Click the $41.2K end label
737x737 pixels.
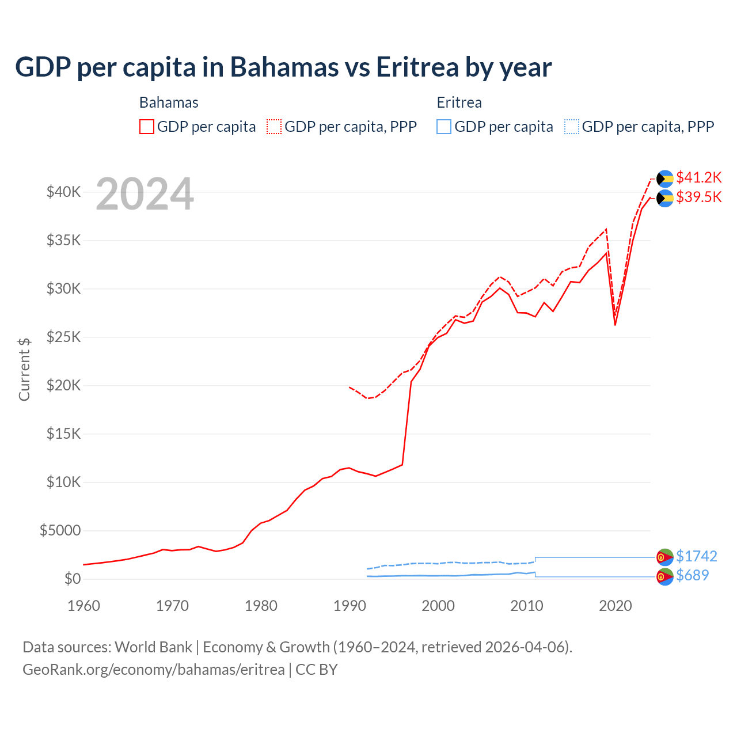[698, 177]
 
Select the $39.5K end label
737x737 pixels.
[698, 197]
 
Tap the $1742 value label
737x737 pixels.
[696, 556]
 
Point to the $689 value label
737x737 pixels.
[692, 575]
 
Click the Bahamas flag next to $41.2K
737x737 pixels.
[665, 178]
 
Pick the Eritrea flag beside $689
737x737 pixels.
[665, 576]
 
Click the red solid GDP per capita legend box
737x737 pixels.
[147, 127]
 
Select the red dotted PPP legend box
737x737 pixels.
[274, 127]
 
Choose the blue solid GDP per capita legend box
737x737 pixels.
[444, 127]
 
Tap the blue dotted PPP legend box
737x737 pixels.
[572, 127]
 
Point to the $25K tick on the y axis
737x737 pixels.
[63, 337]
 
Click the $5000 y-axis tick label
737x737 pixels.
[60, 530]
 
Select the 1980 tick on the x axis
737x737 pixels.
[261, 606]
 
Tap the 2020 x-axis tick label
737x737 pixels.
[616, 606]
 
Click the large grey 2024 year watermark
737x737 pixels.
[145, 194]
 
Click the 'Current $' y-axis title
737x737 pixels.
[24, 369]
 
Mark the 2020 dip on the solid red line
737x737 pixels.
[615, 325]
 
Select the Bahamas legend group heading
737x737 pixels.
[169, 102]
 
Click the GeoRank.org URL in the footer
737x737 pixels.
[153, 670]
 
